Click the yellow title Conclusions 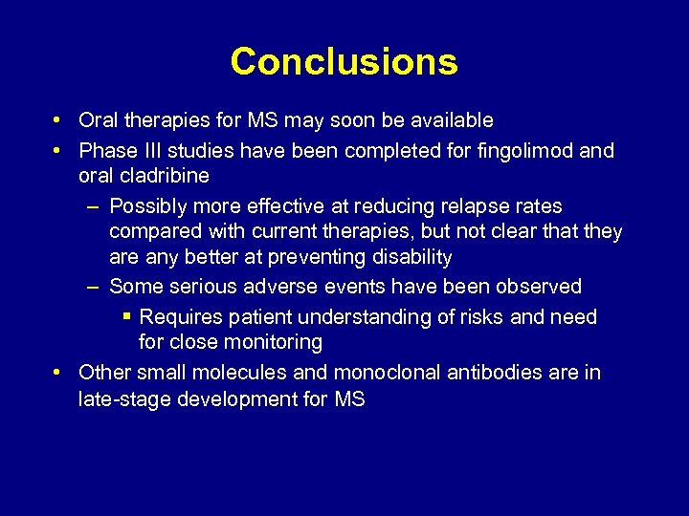(344, 62)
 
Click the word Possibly (146, 206)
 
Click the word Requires (177, 317)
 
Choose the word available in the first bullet (453, 120)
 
